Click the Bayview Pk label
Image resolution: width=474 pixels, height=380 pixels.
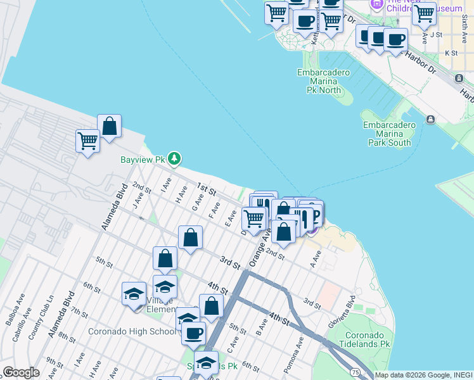[143, 159]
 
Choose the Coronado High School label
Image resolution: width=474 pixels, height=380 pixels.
[132, 331]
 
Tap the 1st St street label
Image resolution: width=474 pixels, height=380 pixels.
[207, 189]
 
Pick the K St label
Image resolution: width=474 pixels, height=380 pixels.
[451, 53]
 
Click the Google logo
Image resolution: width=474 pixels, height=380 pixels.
[22, 372]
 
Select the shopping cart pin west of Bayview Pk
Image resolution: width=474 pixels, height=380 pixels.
[87, 141]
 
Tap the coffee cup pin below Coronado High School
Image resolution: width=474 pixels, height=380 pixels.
[193, 332]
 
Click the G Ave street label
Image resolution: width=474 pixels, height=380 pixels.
[197, 202]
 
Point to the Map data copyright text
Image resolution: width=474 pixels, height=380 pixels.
[423, 375]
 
